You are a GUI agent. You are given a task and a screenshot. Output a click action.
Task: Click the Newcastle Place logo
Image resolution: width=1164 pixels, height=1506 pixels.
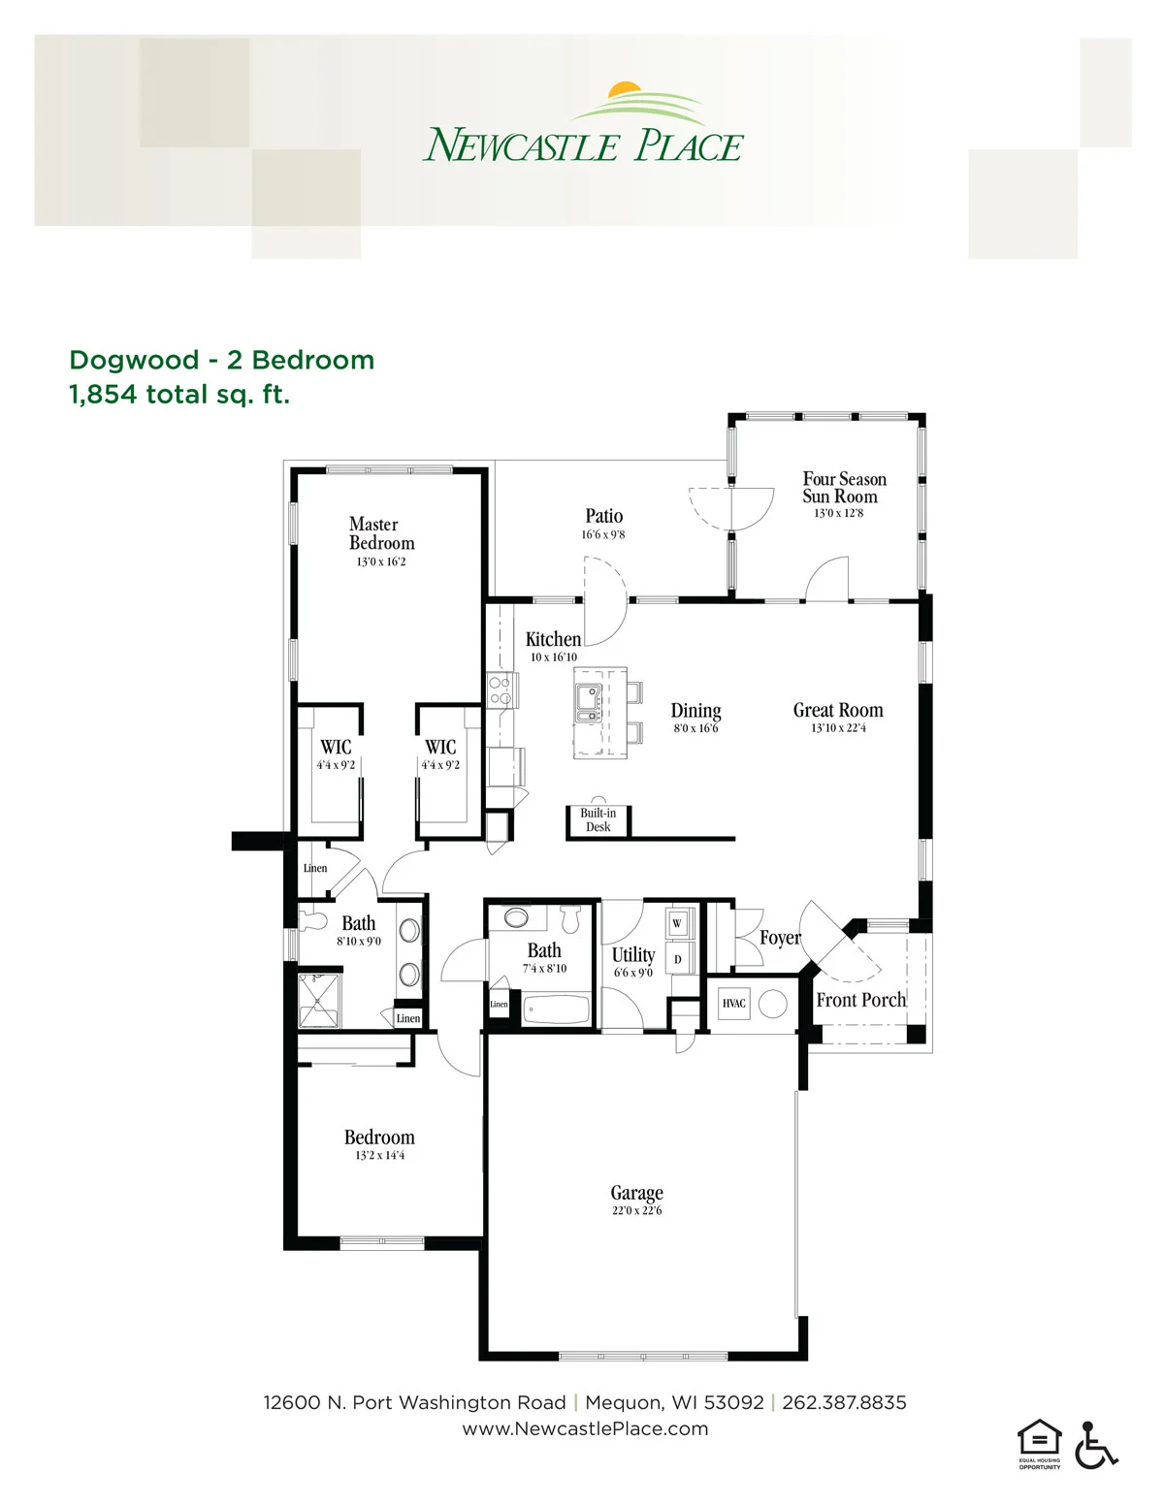pyautogui.click(x=583, y=122)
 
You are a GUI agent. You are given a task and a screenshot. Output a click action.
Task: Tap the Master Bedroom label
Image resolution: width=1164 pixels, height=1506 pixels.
pyautogui.click(x=381, y=533)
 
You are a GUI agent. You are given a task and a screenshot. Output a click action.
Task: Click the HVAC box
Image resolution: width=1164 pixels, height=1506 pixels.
pyautogui.click(x=734, y=1004)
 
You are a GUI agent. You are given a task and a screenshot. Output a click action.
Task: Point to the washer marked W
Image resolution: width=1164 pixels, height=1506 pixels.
pyautogui.click(x=677, y=923)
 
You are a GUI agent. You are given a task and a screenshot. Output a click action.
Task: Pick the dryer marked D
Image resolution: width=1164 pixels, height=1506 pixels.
pyautogui.click(x=677, y=959)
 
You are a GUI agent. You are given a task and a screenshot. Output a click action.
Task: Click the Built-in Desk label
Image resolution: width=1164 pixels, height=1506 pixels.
pyautogui.click(x=598, y=819)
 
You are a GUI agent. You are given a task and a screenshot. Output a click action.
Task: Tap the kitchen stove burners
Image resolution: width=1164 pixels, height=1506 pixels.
pyautogui.click(x=500, y=690)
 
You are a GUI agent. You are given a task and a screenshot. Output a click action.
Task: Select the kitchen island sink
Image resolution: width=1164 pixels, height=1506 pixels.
pyautogui.click(x=588, y=703)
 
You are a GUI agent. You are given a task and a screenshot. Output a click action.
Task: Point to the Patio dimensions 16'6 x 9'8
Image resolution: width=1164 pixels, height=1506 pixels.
pyautogui.click(x=603, y=534)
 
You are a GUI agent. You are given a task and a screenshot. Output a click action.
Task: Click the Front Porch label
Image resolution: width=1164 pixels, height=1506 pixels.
pyautogui.click(x=860, y=1000)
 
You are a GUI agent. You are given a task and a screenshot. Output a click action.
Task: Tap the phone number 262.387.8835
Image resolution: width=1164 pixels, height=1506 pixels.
pyautogui.click(x=844, y=1402)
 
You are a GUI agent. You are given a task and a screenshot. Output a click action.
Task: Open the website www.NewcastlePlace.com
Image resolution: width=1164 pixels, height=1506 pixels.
pyautogui.click(x=585, y=1428)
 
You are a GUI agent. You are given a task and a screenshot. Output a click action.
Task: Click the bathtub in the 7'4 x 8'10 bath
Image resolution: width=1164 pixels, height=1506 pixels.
pyautogui.click(x=556, y=1009)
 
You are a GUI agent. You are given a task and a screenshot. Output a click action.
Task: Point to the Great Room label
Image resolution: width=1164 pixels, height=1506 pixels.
pyautogui.click(x=838, y=710)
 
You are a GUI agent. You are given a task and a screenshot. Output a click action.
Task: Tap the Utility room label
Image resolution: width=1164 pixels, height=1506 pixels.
pyautogui.click(x=633, y=955)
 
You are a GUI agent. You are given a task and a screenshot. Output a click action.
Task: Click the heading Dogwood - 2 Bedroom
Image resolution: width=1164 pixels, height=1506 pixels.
pyautogui.click(x=222, y=360)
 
